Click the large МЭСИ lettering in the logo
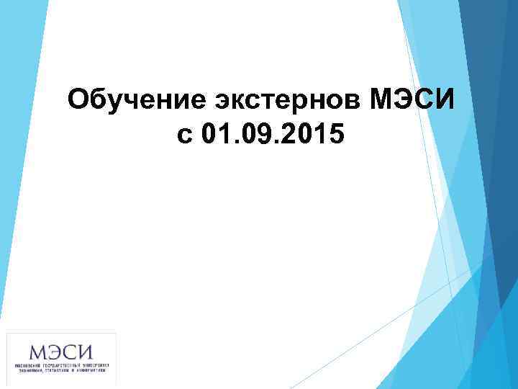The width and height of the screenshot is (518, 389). point(61,352)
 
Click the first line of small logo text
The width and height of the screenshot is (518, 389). point(61,366)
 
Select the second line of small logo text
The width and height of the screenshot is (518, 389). point(61,372)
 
